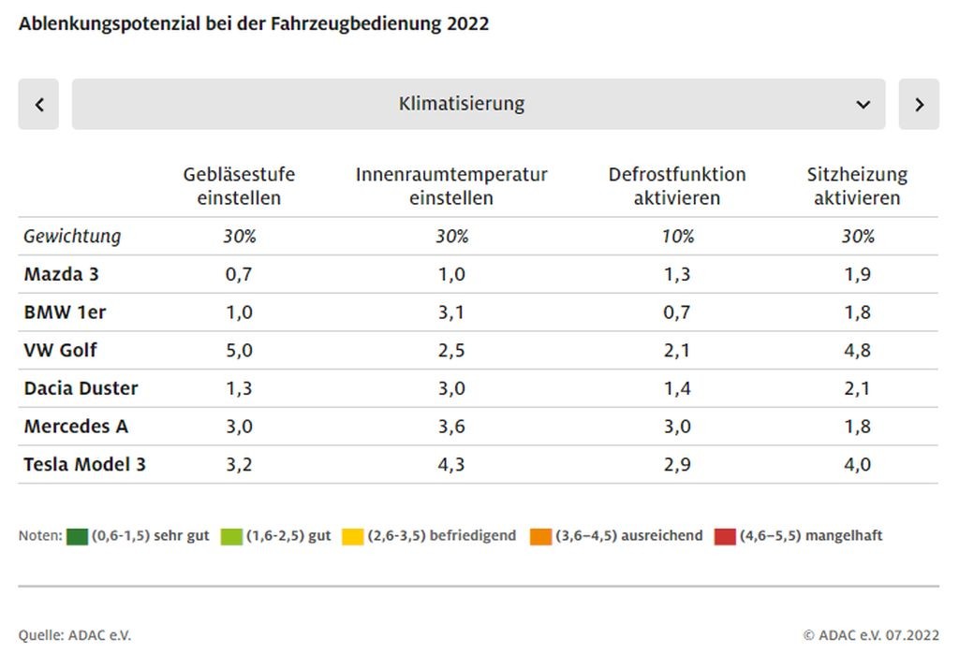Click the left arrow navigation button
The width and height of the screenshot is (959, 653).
pyautogui.click(x=38, y=104)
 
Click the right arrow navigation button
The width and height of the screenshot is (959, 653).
pyautogui.click(x=919, y=104)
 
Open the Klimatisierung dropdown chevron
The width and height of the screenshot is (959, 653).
pyautogui.click(x=863, y=104)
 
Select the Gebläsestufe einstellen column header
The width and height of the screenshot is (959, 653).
pyautogui.click(x=239, y=186)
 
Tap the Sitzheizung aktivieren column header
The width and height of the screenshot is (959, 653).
pyautogui.click(x=857, y=186)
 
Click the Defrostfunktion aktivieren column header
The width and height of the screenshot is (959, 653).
pyautogui.click(x=677, y=186)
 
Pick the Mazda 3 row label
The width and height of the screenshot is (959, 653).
pyautogui.click(x=61, y=274)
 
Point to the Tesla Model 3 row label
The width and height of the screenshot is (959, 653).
pyautogui.click(x=84, y=464)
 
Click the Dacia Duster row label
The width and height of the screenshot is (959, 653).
pyautogui.click(x=81, y=388)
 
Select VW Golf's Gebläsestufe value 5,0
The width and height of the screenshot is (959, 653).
pyautogui.click(x=239, y=350)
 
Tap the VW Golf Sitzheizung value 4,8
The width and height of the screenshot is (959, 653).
pyautogui.click(x=857, y=350)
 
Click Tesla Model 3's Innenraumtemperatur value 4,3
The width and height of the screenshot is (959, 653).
pyautogui.click(x=451, y=464)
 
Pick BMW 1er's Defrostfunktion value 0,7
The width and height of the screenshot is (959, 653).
pyautogui.click(x=677, y=312)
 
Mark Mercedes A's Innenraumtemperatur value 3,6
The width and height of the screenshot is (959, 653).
pyautogui.click(x=451, y=427)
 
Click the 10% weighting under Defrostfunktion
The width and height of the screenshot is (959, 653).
pyautogui.click(x=677, y=237)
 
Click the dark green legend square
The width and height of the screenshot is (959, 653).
pyautogui.click(x=77, y=537)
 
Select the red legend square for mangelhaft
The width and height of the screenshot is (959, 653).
pyautogui.click(x=725, y=537)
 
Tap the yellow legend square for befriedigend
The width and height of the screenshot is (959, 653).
pyautogui.click(x=353, y=537)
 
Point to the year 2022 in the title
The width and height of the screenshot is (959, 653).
pyautogui.click(x=466, y=24)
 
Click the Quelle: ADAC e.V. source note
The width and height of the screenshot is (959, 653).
pyautogui.click(x=75, y=635)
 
